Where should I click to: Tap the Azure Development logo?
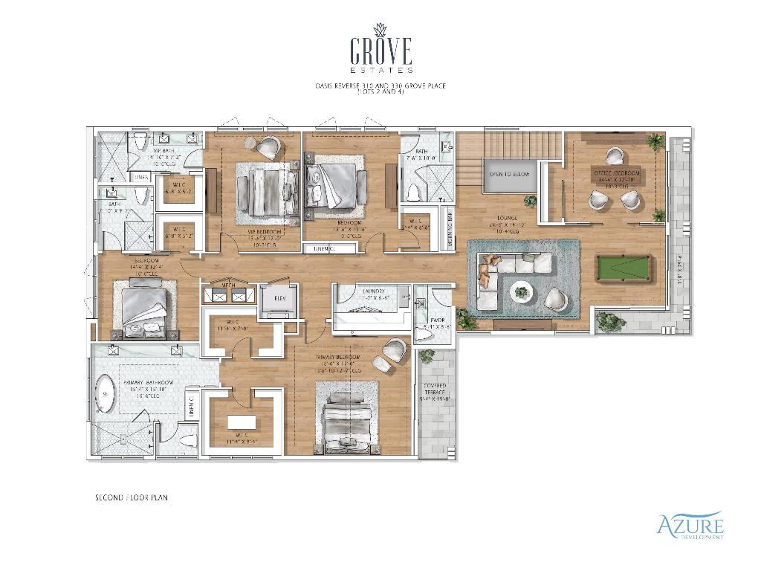[690, 526]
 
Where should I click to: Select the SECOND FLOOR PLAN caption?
[131, 497]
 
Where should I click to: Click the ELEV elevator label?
[280, 298]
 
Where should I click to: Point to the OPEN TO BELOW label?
[509, 173]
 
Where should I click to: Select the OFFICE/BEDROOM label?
[618, 173]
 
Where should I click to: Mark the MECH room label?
[230, 285]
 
